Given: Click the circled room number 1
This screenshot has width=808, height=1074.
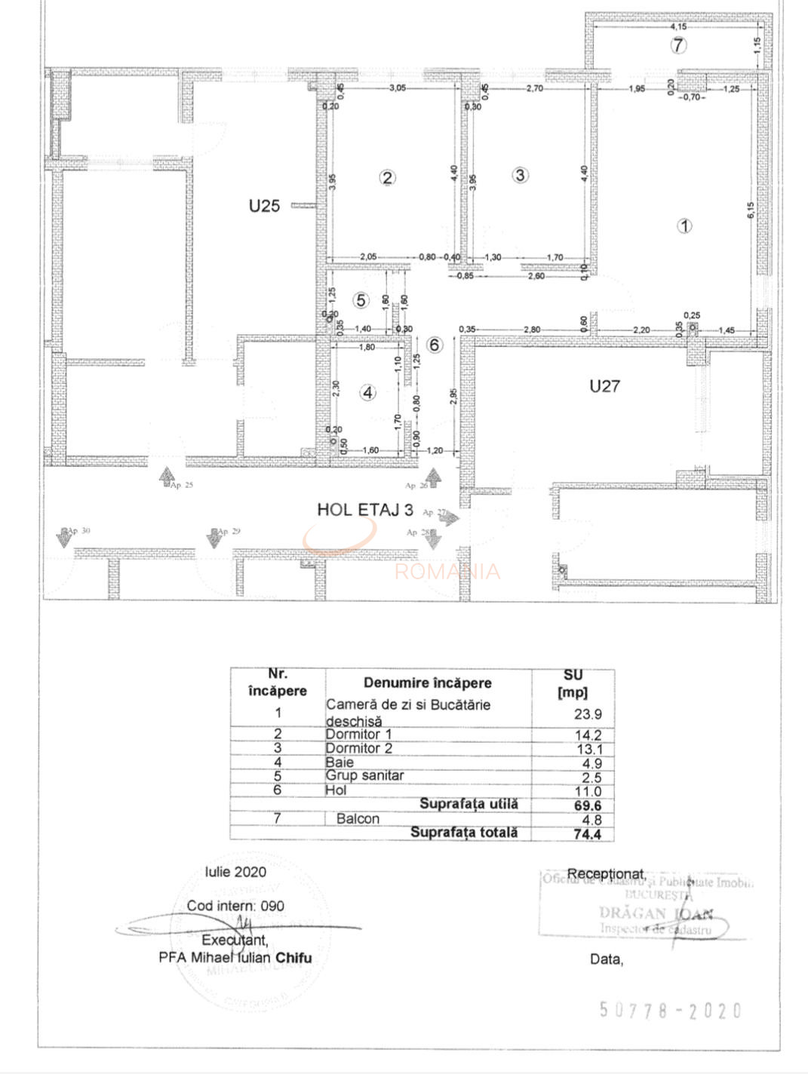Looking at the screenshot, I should coord(684,226).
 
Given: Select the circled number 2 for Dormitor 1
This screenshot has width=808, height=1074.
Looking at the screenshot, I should coord(387,178).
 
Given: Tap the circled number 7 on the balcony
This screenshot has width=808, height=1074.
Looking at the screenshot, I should coord(678,45).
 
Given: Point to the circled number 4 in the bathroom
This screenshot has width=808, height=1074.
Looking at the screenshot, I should coord(367,392).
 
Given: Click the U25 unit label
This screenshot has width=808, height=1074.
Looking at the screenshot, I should coord(264,205).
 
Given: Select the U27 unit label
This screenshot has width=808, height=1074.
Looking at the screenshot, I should coord(604,386).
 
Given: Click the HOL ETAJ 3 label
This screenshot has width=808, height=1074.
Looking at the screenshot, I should coord(365,510).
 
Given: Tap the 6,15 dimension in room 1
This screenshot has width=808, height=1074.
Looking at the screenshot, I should coord(751,210).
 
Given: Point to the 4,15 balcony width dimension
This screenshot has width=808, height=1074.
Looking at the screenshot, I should coord(677,27).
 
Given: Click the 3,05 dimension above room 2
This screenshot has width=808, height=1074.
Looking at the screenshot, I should coord(397,88).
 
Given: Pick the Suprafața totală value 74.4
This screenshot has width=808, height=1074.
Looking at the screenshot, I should coord(588,834).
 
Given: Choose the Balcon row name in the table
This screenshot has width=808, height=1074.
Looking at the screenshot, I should coord(358,819).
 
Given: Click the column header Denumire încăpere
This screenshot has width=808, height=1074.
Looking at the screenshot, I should coord(427,683).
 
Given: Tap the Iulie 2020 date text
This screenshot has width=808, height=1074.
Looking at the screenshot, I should coord(235,872).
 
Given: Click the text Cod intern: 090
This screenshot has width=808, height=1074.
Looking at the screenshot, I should coord(235,906).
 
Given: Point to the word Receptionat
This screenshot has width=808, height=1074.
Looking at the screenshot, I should coord(605,873).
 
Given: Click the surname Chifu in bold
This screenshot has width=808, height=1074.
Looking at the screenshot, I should coord(293,958).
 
